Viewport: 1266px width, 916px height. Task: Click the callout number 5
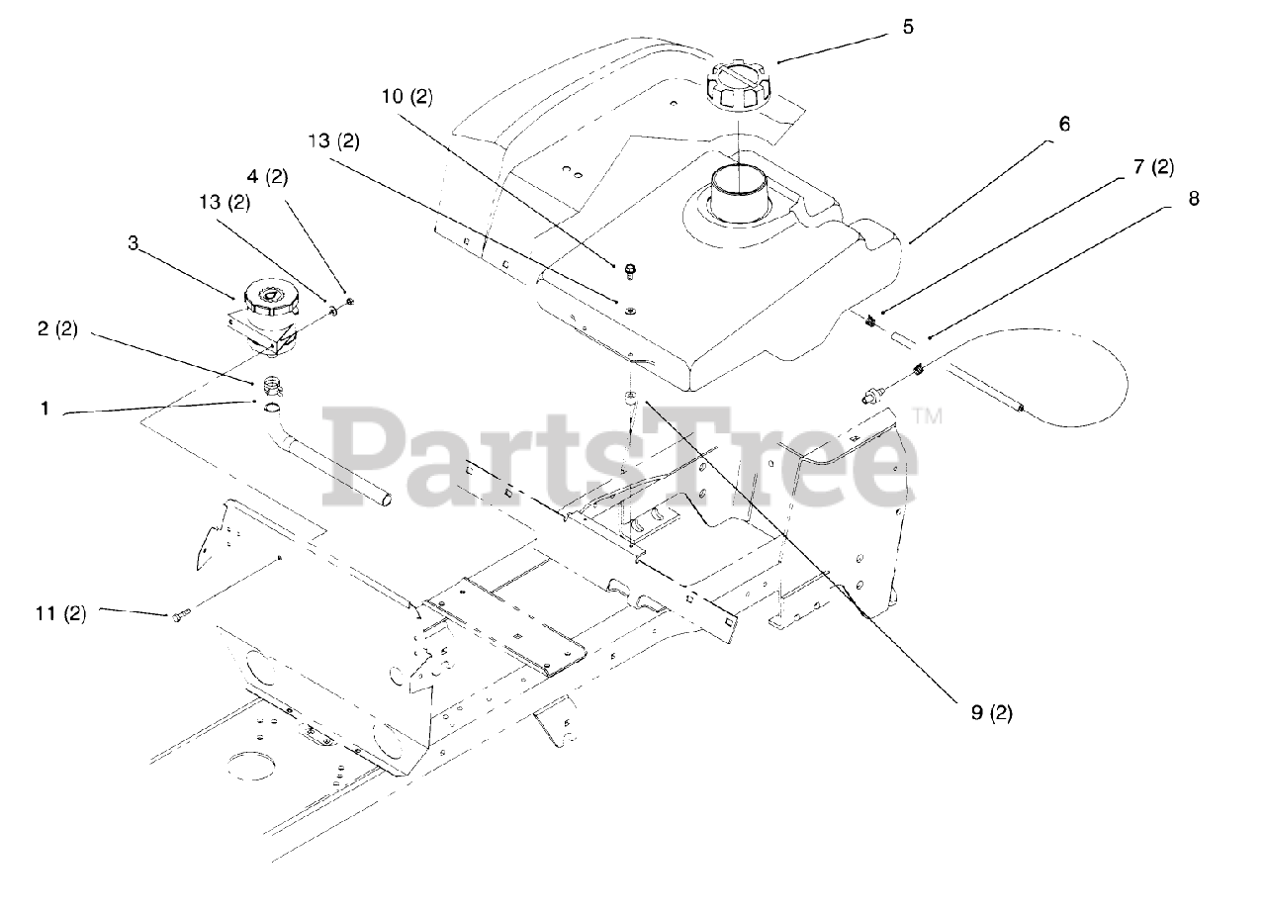pyautogui.click(x=908, y=28)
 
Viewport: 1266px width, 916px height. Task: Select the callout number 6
pyautogui.click(x=1063, y=125)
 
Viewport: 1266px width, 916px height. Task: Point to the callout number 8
pyautogui.click(x=1194, y=199)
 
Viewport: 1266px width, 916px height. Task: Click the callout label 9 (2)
pyautogui.click(x=991, y=712)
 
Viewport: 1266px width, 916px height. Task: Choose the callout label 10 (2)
pyautogui.click(x=407, y=97)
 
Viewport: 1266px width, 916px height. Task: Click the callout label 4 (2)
pyautogui.click(x=266, y=178)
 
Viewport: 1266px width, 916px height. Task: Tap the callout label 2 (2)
pyautogui.click(x=56, y=330)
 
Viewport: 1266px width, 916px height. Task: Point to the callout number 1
pyautogui.click(x=44, y=408)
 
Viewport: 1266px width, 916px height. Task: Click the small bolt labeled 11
pyautogui.click(x=179, y=617)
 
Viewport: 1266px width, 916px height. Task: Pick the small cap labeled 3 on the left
pyautogui.click(x=268, y=298)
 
